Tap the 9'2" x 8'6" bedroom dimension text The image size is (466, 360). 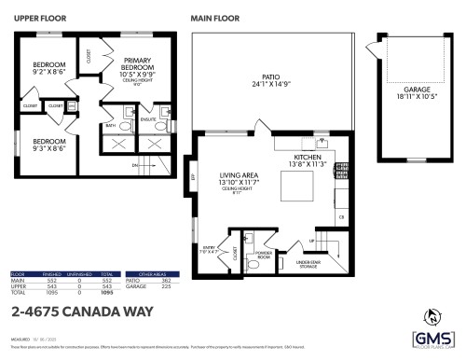coord(42,70)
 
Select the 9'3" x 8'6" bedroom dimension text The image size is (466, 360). coord(42,146)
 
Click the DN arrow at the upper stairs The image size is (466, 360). coord(136,165)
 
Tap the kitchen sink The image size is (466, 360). coord(322,143)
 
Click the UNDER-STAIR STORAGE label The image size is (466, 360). coord(315,264)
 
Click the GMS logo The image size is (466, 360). coord(433,340)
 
